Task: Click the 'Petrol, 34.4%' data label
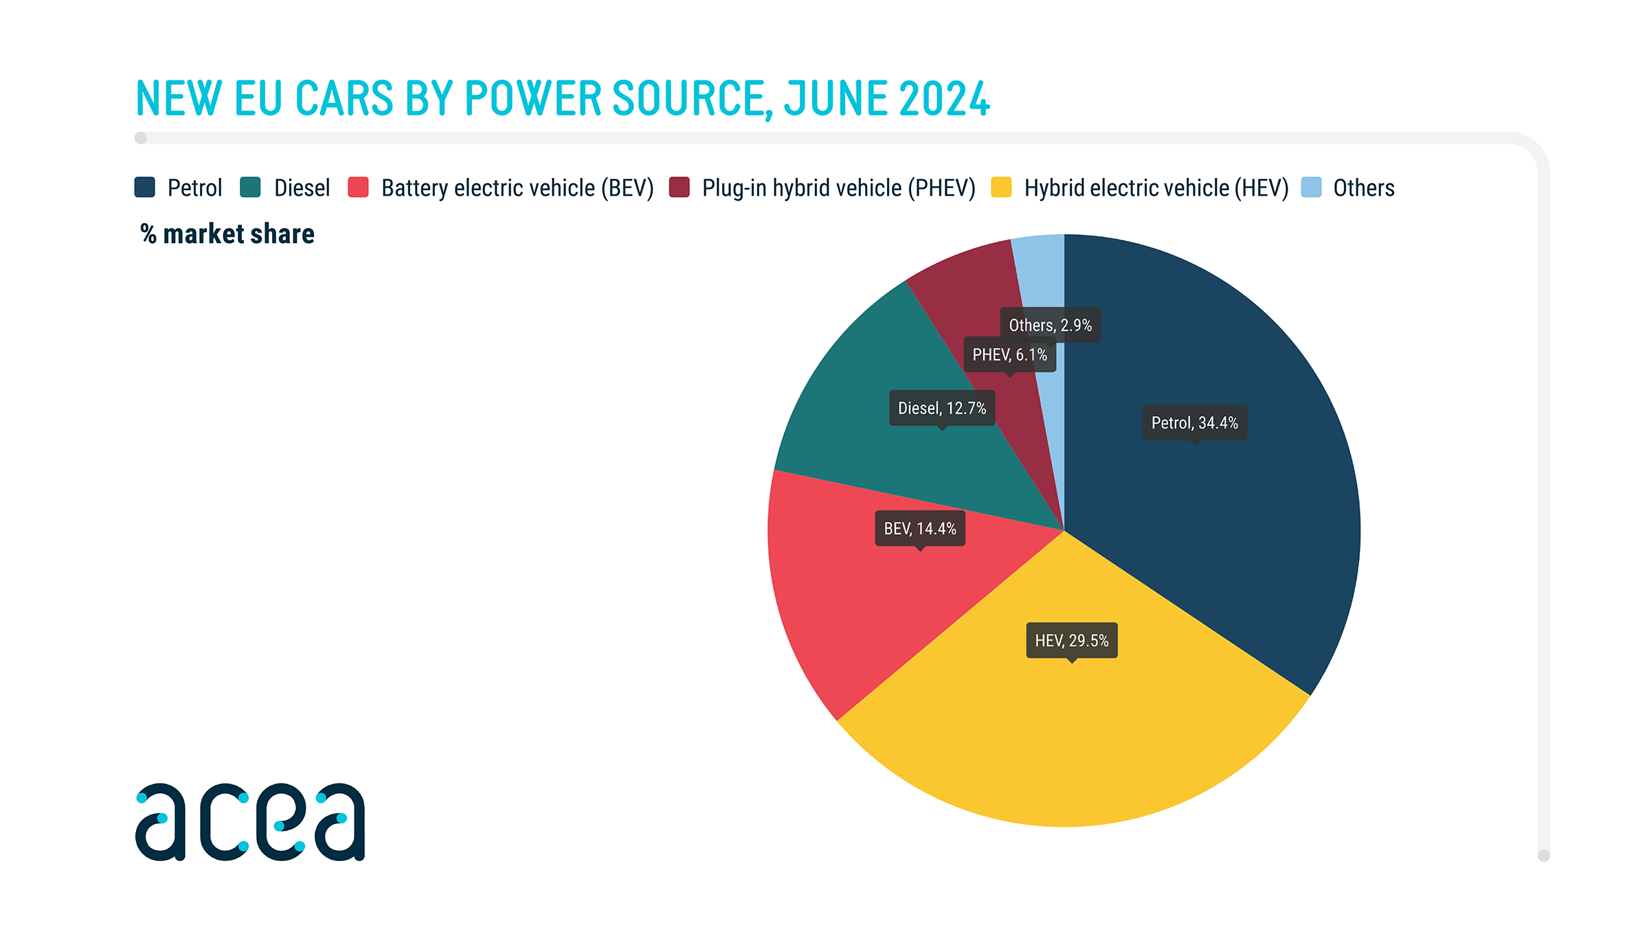(1194, 423)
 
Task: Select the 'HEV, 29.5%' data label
(1071, 641)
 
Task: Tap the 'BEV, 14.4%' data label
(919, 529)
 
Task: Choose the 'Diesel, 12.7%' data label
(941, 409)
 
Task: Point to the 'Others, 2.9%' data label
(1050, 325)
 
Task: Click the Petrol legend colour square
(145, 187)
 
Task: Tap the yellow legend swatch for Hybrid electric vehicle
(1001, 187)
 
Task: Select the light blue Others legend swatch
(1311, 187)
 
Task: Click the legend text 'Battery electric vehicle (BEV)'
(517, 187)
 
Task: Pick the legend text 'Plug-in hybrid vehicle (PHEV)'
(838, 187)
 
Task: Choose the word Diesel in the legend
(302, 187)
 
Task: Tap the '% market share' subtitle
(227, 234)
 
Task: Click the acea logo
(250, 822)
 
